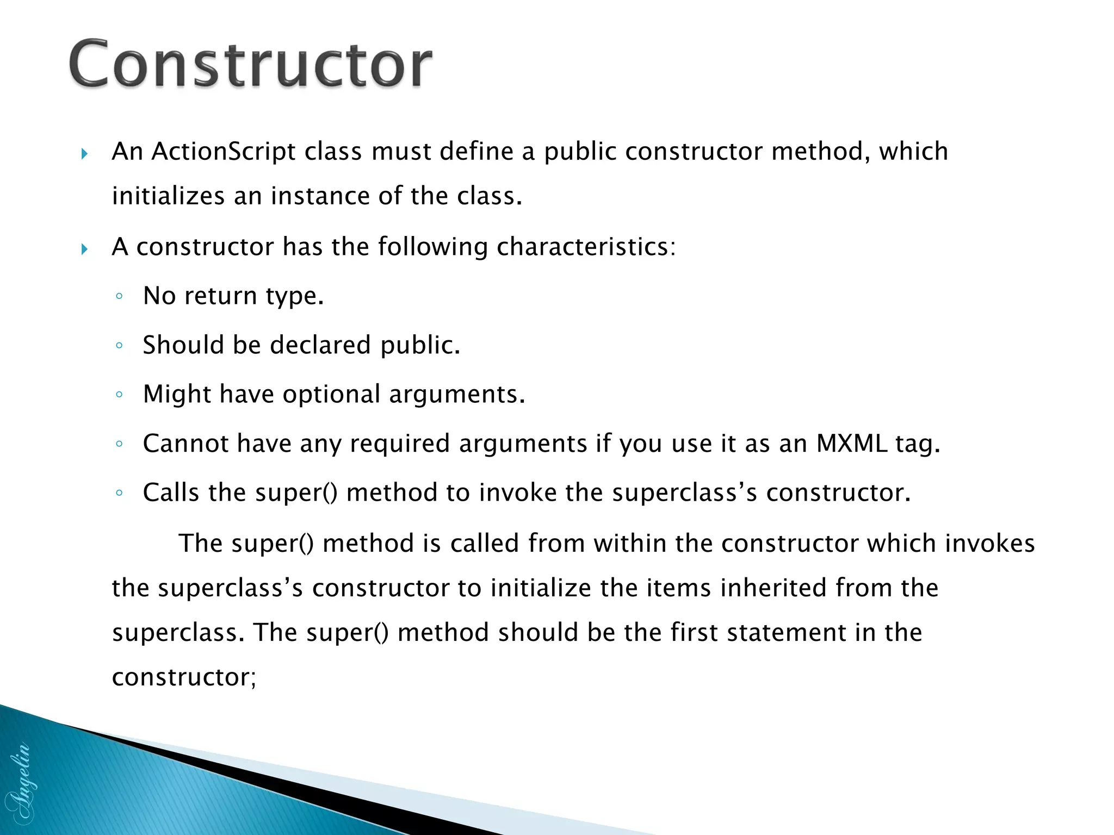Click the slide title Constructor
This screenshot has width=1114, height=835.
[x=250, y=64]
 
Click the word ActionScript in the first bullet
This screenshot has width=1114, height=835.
[x=223, y=152]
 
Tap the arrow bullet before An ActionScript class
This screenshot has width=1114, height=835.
[x=84, y=154]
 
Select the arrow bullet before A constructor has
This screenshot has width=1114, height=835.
[x=84, y=250]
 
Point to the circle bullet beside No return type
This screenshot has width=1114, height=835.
[x=119, y=297]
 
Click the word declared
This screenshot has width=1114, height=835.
[x=320, y=345]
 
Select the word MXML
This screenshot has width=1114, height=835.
[x=851, y=444]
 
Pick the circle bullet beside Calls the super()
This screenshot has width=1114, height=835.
[x=119, y=494]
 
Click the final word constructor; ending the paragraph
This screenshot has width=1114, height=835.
[x=183, y=677]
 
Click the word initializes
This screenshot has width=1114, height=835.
[x=168, y=196]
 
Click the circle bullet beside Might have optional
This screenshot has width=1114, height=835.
[x=119, y=395]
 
